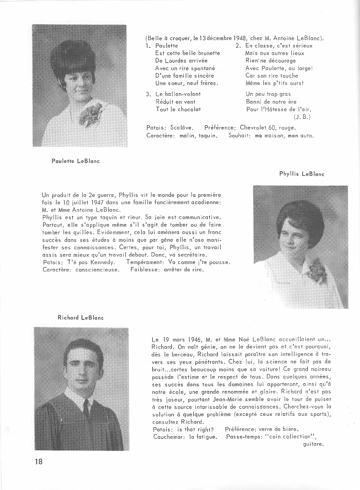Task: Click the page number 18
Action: point(38,462)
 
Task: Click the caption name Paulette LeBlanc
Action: point(76,161)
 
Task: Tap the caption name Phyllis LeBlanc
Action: point(302,174)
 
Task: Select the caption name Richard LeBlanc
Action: point(80,317)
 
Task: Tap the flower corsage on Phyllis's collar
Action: point(316,271)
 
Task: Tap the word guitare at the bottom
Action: point(314,444)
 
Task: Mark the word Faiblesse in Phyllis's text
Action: point(145,269)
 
